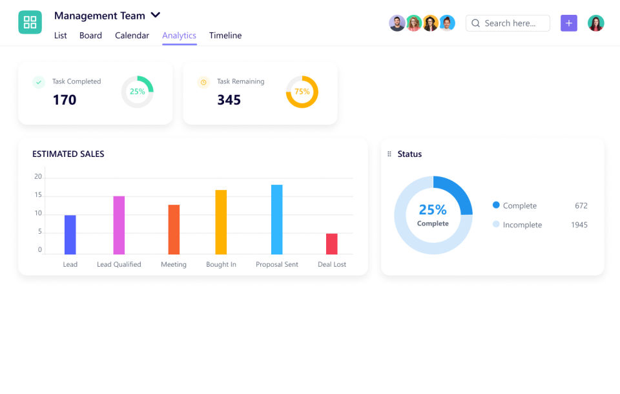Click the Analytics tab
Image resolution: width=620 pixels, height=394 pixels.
click(x=179, y=36)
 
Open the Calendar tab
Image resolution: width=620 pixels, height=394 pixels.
click(x=132, y=36)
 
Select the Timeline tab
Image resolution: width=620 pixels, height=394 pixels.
click(x=225, y=36)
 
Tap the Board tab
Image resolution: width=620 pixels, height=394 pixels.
click(x=90, y=36)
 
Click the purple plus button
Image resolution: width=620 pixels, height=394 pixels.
click(x=569, y=23)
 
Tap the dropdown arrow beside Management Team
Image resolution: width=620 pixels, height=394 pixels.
click(x=155, y=15)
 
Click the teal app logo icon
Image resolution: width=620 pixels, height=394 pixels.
click(x=30, y=23)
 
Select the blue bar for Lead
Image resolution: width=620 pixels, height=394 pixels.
click(x=70, y=234)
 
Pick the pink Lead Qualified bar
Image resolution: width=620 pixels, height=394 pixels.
click(x=119, y=225)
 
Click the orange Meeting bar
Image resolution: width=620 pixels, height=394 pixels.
click(x=174, y=229)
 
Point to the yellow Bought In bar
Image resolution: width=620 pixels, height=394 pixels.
click(x=221, y=222)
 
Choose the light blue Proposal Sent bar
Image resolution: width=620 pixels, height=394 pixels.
click(x=276, y=219)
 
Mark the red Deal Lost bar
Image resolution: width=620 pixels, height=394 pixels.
click(x=331, y=244)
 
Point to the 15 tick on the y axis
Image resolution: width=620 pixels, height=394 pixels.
click(x=38, y=195)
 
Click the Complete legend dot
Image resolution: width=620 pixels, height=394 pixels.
click(x=496, y=205)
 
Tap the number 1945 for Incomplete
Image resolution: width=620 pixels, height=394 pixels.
click(x=579, y=225)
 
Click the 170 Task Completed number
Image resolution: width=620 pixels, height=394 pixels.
click(x=65, y=100)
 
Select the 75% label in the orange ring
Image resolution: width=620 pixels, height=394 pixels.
click(x=302, y=92)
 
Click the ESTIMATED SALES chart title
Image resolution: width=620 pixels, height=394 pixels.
click(x=68, y=154)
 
